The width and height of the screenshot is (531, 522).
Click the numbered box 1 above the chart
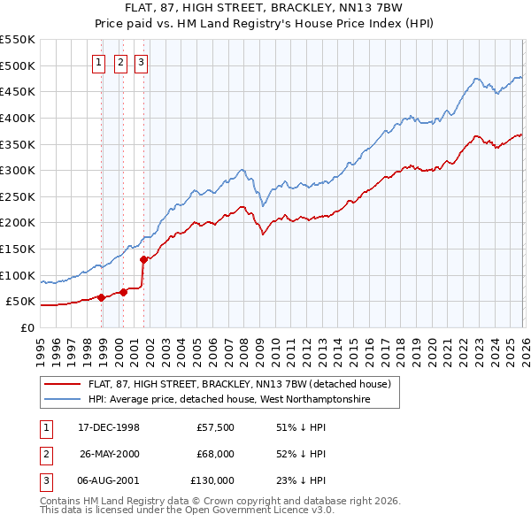coord(97,62)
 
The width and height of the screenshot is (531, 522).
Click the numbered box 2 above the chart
coord(119,62)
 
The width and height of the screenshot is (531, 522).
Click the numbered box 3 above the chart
coord(142,62)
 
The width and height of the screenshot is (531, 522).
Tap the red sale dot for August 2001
coord(143,259)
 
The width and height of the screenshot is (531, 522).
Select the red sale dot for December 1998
coord(102,297)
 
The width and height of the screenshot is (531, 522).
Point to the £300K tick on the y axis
coord(19,170)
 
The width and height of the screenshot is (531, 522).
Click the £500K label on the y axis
coord(19,65)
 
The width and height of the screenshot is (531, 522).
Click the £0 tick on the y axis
coord(28,327)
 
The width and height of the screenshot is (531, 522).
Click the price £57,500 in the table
coord(216,427)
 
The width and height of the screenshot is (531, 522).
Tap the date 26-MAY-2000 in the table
coord(110,454)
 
